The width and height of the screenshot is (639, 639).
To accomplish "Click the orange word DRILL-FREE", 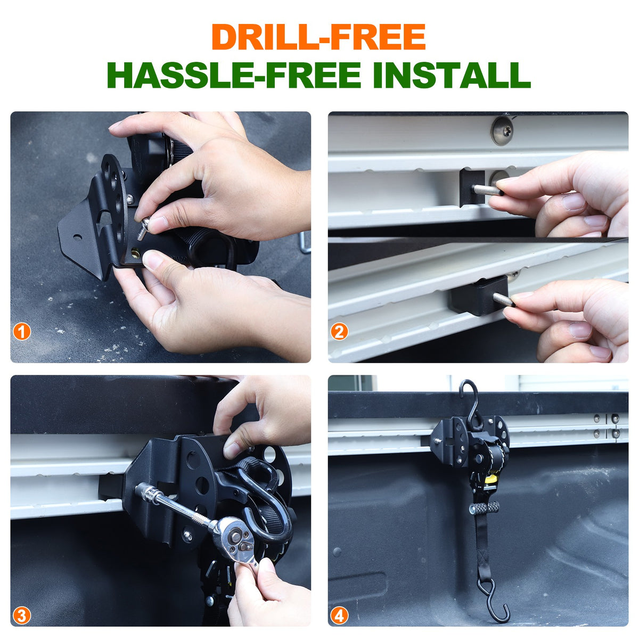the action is point(318,37).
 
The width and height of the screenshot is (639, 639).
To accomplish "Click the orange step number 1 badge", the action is point(22,332).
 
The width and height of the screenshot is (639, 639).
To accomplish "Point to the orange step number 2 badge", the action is point(339,332).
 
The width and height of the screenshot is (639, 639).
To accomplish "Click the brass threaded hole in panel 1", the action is point(136,253).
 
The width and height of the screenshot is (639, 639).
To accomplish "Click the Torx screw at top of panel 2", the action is point(502,130).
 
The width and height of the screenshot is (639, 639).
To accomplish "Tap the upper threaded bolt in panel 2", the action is point(487,190).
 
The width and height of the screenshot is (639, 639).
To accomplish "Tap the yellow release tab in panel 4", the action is point(491,479).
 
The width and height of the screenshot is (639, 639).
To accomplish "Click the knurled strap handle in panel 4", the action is point(485,507).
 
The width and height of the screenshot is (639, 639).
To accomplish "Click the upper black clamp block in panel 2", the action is point(472,187).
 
